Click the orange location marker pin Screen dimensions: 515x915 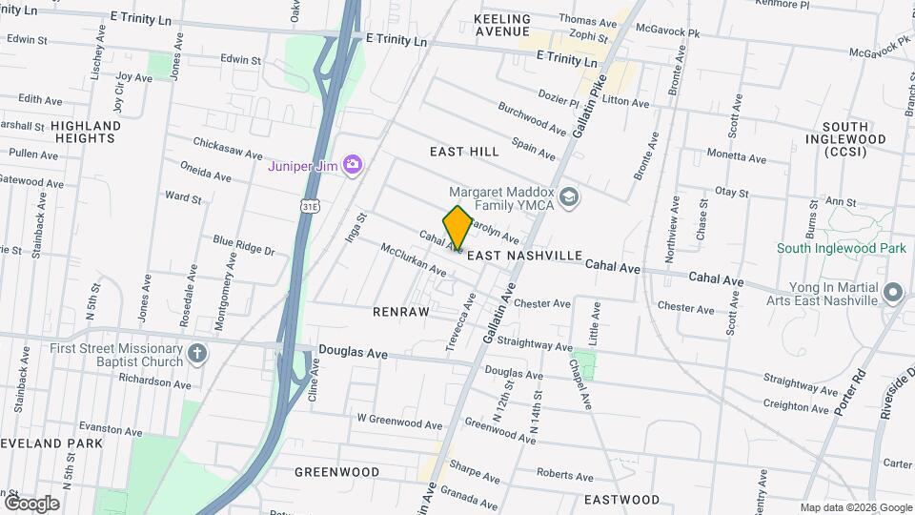(x=457, y=227)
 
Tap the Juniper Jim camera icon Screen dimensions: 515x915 (x=353, y=165)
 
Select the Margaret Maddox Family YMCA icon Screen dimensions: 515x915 (x=569, y=196)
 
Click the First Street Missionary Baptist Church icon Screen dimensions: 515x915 (x=197, y=355)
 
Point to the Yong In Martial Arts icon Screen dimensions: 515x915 (x=893, y=291)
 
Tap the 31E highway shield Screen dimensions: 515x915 (x=308, y=205)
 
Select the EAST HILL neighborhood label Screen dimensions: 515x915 (x=464, y=152)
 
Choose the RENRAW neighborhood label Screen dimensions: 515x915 (x=401, y=312)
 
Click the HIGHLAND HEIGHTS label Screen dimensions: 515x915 (x=86, y=132)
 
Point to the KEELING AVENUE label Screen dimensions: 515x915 (x=502, y=25)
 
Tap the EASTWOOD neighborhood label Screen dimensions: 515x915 (x=621, y=500)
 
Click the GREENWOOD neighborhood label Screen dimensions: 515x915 (x=336, y=472)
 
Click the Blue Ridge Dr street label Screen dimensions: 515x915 (x=243, y=245)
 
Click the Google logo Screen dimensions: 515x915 (x=31, y=504)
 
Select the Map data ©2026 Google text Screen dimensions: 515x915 (x=856, y=507)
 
